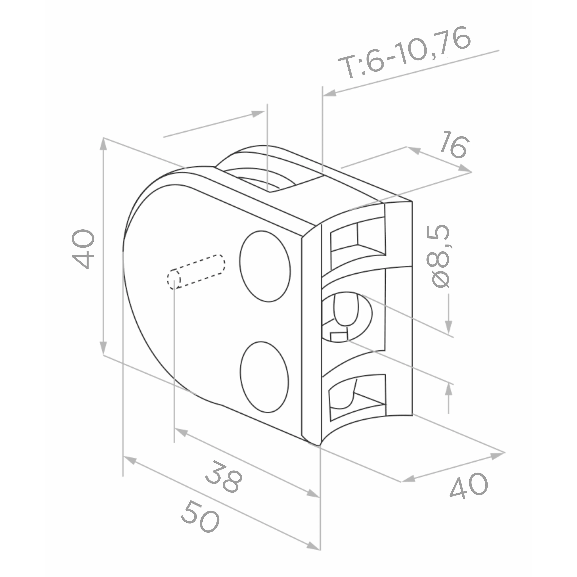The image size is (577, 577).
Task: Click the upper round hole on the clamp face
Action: [265, 266]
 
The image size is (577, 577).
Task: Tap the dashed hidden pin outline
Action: [196, 272]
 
